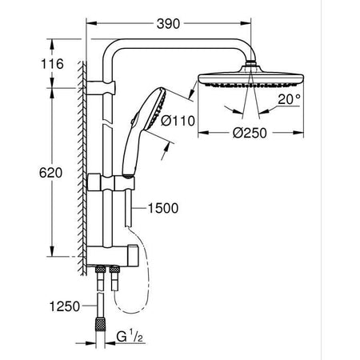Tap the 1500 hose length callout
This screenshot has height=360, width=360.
[163, 209]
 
